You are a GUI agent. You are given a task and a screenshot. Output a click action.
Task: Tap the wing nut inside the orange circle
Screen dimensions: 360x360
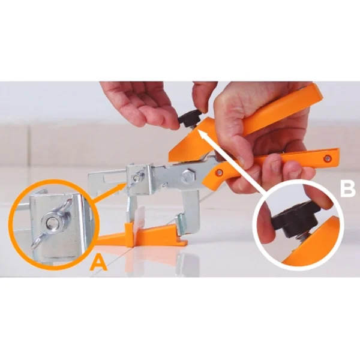point(55,221)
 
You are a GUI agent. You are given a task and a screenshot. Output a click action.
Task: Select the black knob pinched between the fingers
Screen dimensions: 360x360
point(189,118)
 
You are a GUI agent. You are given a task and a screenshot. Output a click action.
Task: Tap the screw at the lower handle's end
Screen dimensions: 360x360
point(328,157)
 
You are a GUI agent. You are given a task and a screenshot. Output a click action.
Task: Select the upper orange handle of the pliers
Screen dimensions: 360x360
point(282,114)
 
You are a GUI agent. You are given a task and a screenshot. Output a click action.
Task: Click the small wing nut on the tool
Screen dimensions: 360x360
point(139,175)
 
